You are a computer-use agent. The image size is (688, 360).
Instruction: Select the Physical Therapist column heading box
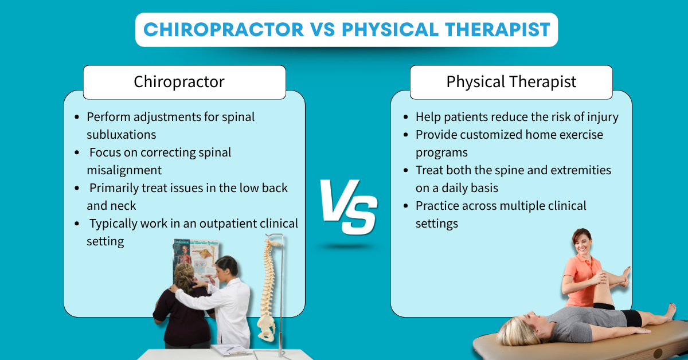[511, 82]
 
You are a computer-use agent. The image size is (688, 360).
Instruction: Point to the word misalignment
[124, 170]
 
